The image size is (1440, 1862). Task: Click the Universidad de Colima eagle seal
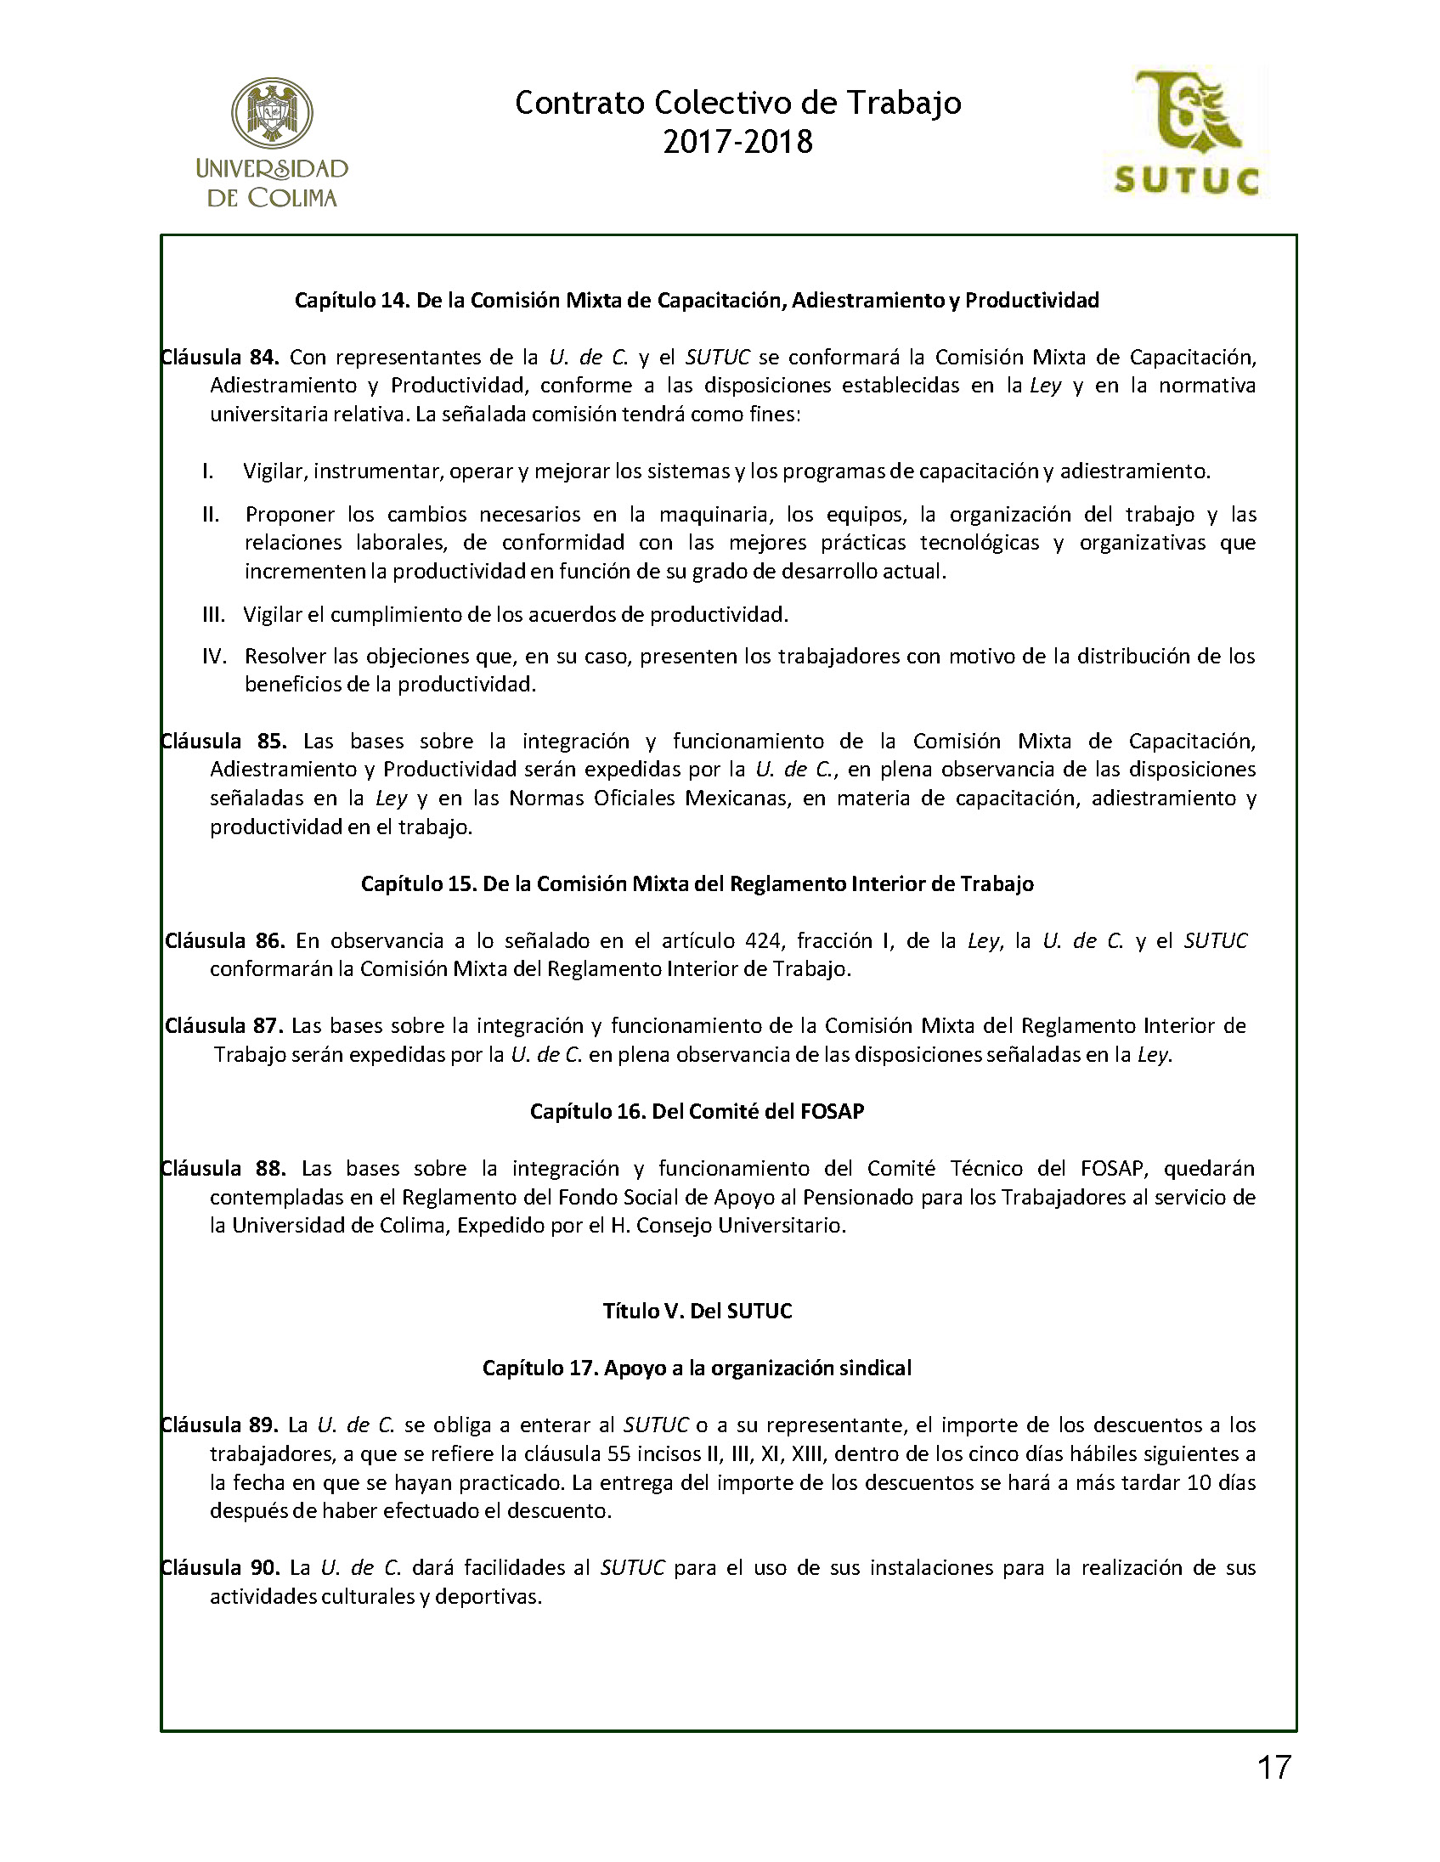(272, 111)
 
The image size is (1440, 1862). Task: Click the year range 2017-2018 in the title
(737, 142)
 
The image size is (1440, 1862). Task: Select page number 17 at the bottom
(1273, 1769)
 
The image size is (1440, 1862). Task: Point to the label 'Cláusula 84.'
(220, 357)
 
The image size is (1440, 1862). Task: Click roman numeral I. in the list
(208, 471)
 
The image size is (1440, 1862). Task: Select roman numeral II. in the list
(211, 514)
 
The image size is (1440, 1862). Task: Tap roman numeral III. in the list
(213, 614)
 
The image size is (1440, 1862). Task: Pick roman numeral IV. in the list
(214, 656)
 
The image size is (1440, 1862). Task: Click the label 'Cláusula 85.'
(223, 740)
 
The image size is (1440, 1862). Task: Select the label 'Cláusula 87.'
(224, 1025)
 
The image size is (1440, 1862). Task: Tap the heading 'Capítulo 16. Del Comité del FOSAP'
(697, 1111)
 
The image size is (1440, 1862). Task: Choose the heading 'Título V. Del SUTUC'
(697, 1311)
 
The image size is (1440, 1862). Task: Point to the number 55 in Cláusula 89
(618, 1453)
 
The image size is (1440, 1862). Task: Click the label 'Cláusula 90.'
(220, 1567)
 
